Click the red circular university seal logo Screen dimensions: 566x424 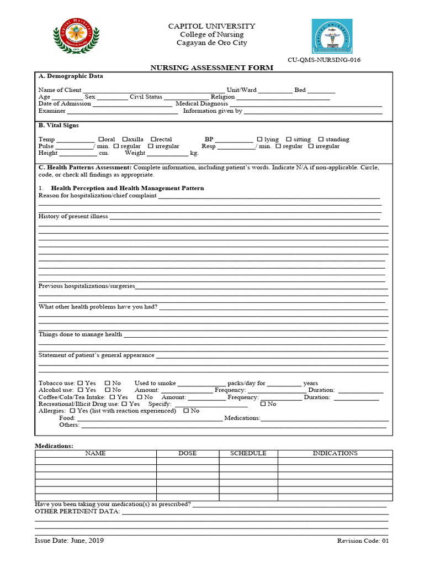point(76,36)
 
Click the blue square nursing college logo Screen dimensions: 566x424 point(332,36)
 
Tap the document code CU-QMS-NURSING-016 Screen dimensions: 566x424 point(324,60)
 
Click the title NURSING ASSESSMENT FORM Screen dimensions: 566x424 point(212,68)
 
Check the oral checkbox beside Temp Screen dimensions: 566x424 point(101,140)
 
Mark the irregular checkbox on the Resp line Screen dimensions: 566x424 point(311,146)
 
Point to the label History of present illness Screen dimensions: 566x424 point(73,217)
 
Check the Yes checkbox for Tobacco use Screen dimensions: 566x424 point(80,383)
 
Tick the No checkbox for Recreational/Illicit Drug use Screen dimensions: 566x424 point(263,404)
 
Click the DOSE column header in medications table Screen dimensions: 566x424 point(187,453)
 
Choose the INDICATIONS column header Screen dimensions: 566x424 point(335,453)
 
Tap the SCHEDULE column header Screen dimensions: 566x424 point(248,453)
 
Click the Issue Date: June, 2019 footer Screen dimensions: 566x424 point(69,541)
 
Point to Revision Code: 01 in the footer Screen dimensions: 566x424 point(363,541)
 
